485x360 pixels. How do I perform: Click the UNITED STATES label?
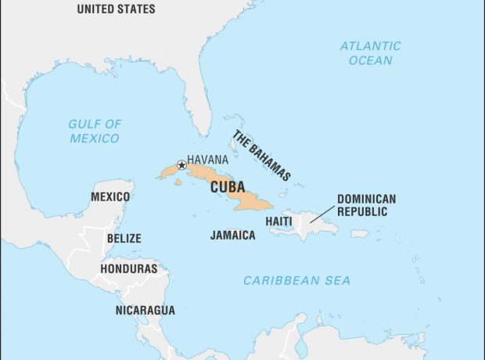click(115, 9)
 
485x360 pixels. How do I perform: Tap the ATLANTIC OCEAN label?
click(370, 53)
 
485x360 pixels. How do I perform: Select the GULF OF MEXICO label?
click(94, 131)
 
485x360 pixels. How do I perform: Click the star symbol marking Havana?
click(181, 165)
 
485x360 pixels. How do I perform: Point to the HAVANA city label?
click(207, 159)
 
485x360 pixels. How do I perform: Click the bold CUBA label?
click(227, 187)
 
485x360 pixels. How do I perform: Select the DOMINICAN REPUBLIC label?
click(366, 206)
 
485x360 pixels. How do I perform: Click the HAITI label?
click(279, 221)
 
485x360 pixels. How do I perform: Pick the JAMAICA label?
click(232, 235)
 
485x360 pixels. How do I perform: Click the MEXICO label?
click(110, 196)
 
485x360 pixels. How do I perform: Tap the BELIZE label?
click(124, 238)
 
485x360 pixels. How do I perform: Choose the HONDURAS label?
click(128, 268)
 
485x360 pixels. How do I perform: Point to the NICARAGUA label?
click(145, 310)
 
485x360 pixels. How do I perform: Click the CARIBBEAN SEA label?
click(296, 280)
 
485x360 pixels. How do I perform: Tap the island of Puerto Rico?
click(359, 233)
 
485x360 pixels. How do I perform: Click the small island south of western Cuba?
click(178, 182)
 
